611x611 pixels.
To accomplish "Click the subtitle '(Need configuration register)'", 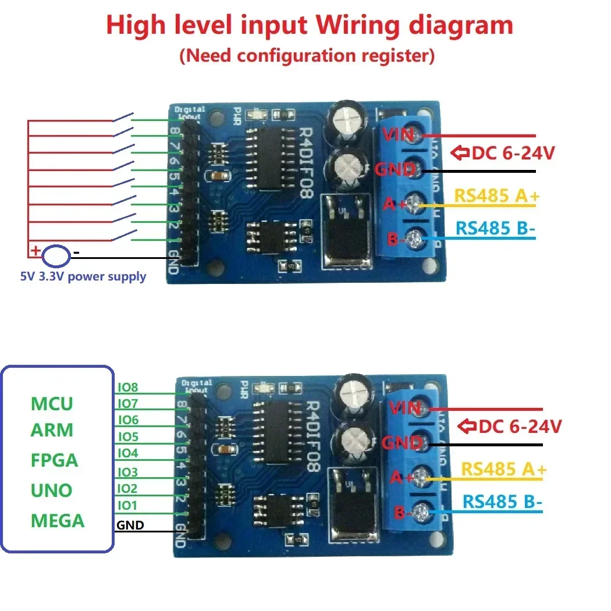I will [307, 56].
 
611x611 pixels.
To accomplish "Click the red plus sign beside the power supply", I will [35, 251].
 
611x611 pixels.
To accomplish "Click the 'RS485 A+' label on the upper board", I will [496, 196].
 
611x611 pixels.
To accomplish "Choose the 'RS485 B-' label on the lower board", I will [502, 502].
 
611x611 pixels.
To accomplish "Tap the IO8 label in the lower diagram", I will [127, 387].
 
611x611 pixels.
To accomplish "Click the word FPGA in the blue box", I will [54, 460].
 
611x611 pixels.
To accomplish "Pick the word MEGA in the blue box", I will [58, 520].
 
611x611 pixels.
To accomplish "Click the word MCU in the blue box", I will [52, 403].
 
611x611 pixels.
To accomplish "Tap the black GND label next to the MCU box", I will [130, 525].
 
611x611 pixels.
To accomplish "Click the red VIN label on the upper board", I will [397, 134].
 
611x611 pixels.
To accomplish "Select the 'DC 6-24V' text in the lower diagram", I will [520, 427].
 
